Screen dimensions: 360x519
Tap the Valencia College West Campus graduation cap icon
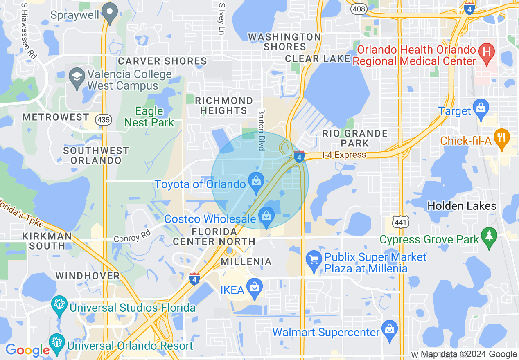point(77,80)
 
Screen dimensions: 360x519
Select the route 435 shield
point(103,120)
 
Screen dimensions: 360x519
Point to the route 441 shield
point(399,222)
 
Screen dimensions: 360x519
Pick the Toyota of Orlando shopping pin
point(256,183)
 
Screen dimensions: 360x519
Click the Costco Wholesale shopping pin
point(266,217)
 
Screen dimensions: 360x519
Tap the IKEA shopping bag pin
point(255,289)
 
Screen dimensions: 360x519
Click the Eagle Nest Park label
point(149,117)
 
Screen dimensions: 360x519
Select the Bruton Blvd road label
point(261,129)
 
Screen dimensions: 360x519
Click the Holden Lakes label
point(462,206)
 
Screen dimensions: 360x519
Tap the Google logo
point(27,350)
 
